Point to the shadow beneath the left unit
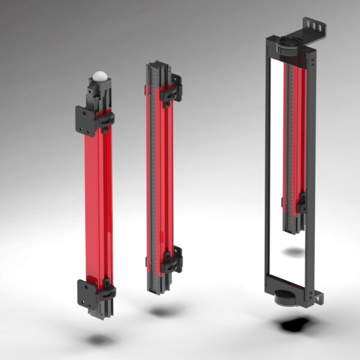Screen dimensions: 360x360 coord(99,340)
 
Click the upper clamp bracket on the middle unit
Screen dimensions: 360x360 coord(173,88)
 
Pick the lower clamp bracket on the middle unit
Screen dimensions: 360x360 coord(173,263)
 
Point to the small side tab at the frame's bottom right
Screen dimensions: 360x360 coord(316,295)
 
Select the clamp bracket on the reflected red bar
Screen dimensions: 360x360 coord(301,203)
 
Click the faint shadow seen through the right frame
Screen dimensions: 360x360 coord(294,252)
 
